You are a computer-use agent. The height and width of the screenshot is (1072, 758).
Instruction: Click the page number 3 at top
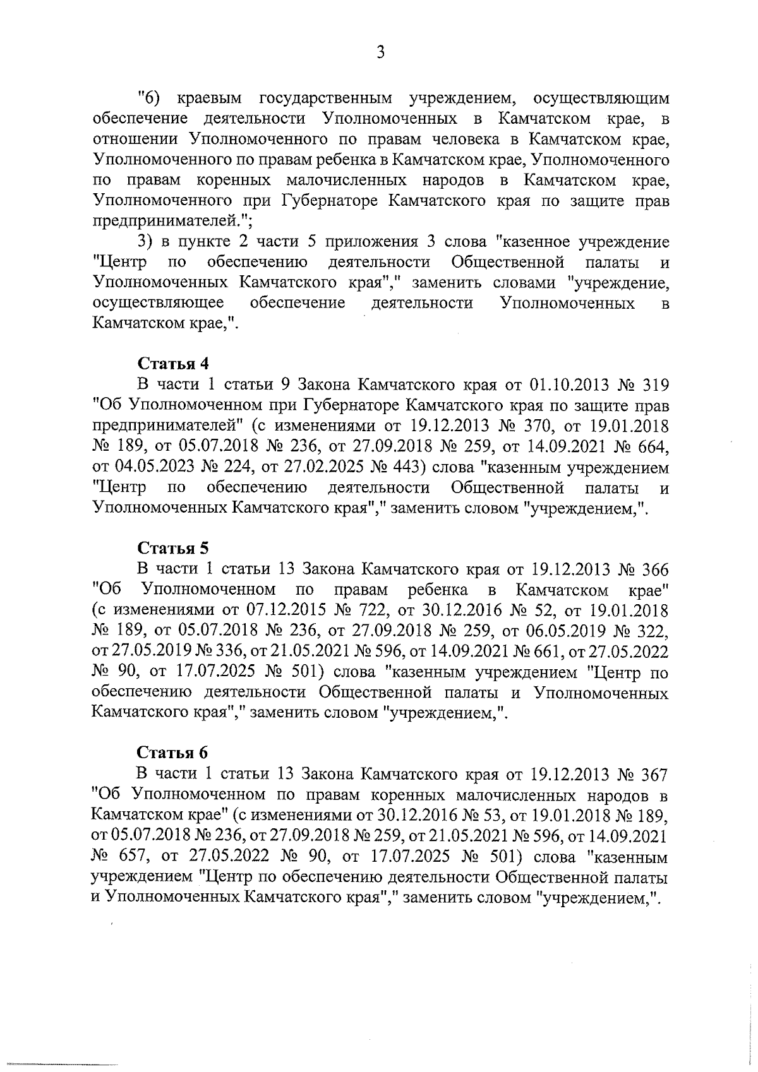[x=380, y=52]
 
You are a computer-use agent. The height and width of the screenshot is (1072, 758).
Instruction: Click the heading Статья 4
[x=173, y=364]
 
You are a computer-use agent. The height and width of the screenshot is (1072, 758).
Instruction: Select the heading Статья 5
[x=173, y=547]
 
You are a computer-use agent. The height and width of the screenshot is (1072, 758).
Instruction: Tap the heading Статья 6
[x=173, y=752]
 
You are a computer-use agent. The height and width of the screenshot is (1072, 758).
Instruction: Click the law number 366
[x=654, y=569]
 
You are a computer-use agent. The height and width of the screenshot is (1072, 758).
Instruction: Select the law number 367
[x=654, y=773]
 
